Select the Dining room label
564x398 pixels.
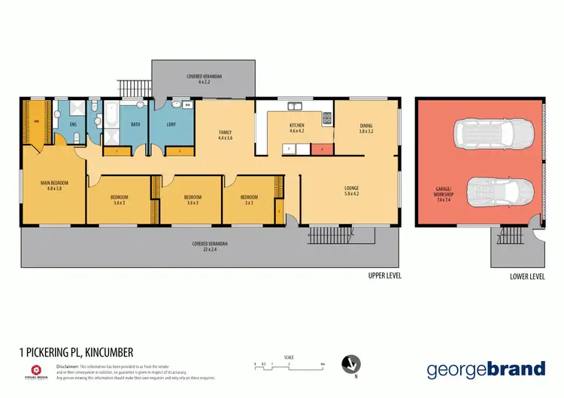[x=366, y=129]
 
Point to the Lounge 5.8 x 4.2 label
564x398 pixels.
[x=351, y=190]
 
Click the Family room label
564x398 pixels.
[x=225, y=135]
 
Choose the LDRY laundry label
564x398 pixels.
[x=172, y=125]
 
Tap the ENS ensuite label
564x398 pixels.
[x=74, y=125]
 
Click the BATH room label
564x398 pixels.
[x=135, y=125]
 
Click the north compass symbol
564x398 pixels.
[x=348, y=364]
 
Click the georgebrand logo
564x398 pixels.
[x=486, y=369]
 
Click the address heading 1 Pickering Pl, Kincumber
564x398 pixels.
[x=76, y=351]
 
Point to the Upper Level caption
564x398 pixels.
[x=384, y=276]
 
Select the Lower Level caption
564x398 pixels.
[x=526, y=276]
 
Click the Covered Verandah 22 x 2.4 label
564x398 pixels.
[x=210, y=246]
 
